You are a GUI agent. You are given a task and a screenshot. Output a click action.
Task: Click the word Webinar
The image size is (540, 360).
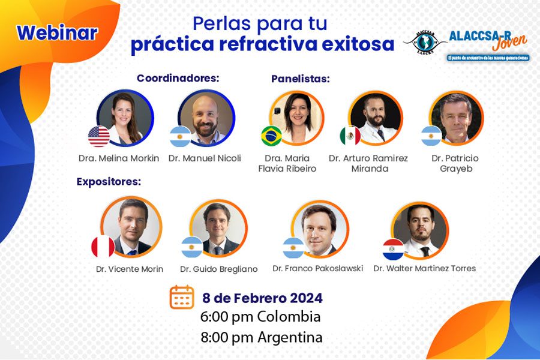coord(57,32)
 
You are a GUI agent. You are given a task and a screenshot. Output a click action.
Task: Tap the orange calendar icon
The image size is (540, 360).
coord(181,297)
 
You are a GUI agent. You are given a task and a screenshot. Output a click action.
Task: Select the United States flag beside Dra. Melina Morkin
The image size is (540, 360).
coord(99,136)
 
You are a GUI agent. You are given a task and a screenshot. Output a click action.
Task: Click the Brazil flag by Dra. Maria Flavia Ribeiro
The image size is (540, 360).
coord(271,136)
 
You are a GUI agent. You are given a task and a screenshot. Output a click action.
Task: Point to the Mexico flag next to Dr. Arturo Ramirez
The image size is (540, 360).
coord(350,136)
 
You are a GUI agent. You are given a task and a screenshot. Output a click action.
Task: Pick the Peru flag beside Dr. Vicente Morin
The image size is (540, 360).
coord(103,247)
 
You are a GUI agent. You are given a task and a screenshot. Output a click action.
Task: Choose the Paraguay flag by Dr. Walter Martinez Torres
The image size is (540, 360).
coord(394,248)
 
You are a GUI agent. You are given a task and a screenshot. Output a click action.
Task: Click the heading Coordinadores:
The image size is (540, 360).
coord(178,78)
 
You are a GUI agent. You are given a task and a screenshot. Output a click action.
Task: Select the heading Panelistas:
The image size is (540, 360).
coord(301,79)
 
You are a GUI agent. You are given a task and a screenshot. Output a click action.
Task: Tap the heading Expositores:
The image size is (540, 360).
coord(109,182)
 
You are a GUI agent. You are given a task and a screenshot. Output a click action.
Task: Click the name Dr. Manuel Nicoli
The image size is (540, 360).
coord(205,158)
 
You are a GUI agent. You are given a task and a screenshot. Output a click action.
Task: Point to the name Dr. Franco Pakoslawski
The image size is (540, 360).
coord(317,268)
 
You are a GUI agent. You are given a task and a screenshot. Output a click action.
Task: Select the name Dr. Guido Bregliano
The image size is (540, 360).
coord(218,269)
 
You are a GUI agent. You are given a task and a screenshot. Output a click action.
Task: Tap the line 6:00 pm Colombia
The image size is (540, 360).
coord(261,317)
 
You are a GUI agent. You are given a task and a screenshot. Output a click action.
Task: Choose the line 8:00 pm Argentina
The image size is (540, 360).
coord(262,337)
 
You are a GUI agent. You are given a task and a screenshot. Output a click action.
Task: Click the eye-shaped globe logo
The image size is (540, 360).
coord(425,44)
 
